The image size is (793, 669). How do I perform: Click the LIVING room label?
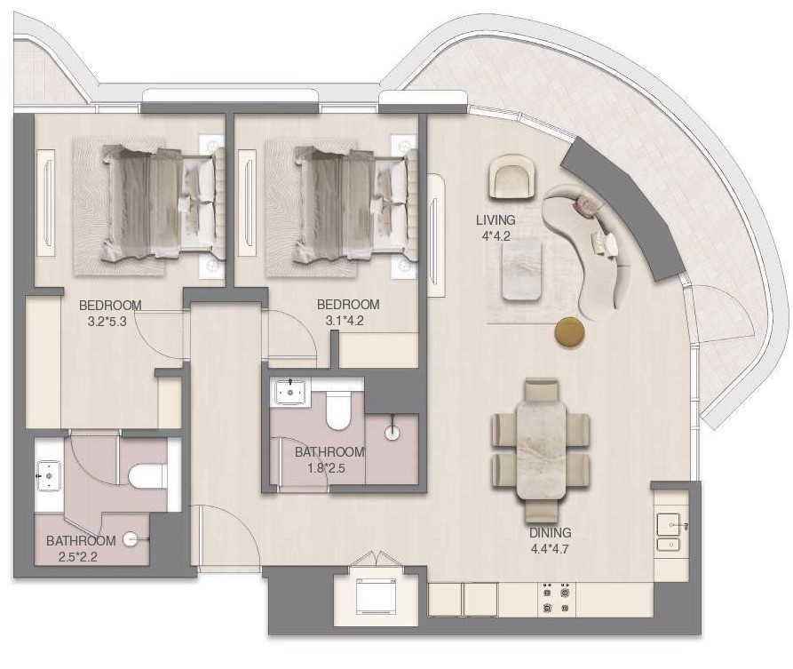(x=496, y=220)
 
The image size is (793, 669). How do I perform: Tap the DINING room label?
(x=551, y=533)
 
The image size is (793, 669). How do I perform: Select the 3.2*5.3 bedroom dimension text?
(x=107, y=322)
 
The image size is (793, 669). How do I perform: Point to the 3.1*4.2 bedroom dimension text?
(x=345, y=321)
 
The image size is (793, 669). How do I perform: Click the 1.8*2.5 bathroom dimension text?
(x=326, y=468)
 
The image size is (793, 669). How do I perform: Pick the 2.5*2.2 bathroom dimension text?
(x=78, y=557)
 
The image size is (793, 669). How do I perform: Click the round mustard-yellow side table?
(x=569, y=332)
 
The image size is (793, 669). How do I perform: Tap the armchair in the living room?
(x=512, y=177)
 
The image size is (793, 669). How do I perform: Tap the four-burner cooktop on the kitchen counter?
(x=556, y=599)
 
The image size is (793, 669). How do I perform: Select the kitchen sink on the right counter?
(x=669, y=532)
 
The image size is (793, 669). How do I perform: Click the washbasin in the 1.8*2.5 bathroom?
(x=289, y=391)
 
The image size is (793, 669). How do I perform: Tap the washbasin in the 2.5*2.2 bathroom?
(x=49, y=475)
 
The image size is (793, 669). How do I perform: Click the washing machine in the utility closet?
(x=377, y=596)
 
